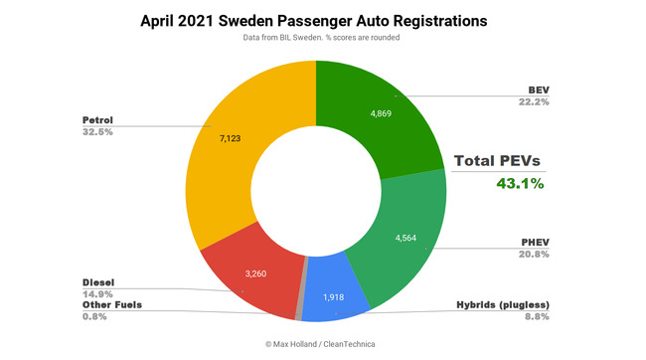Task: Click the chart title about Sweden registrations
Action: click(x=315, y=20)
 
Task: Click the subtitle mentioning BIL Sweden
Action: click(x=315, y=38)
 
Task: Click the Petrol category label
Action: click(x=97, y=119)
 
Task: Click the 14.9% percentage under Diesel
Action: click(x=97, y=293)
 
